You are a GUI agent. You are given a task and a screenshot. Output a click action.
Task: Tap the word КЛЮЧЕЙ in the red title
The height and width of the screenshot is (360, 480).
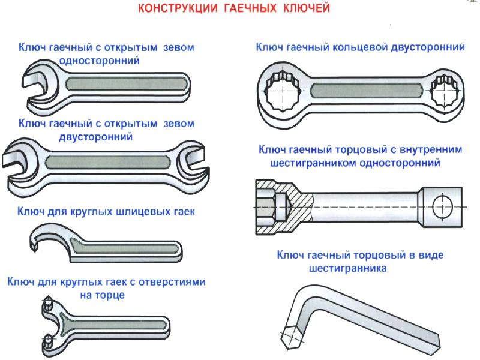(307, 8)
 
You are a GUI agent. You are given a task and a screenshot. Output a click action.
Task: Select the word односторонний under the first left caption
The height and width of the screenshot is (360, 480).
(100, 61)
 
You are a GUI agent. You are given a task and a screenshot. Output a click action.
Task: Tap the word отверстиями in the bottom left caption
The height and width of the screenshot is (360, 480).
(172, 281)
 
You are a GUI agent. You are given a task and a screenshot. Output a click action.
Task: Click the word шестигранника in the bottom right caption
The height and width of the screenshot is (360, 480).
(348, 268)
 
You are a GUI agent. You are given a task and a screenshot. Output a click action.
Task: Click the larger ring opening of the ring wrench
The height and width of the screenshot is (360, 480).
(281, 91)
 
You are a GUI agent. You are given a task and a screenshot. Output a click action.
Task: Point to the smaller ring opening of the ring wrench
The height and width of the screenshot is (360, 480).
(444, 91)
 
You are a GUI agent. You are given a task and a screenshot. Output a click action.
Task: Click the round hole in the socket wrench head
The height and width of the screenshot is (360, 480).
(443, 206)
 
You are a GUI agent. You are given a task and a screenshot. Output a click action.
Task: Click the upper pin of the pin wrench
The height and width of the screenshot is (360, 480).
(49, 303)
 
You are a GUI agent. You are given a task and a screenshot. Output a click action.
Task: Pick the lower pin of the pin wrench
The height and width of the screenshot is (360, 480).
(48, 342)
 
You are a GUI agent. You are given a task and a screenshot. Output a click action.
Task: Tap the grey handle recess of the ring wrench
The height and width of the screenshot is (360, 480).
(367, 91)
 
